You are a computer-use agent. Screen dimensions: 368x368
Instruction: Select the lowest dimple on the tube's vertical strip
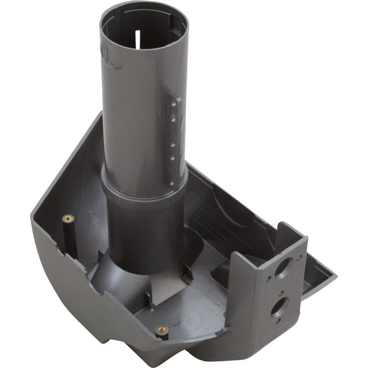pyautogui.click(x=172, y=183)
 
